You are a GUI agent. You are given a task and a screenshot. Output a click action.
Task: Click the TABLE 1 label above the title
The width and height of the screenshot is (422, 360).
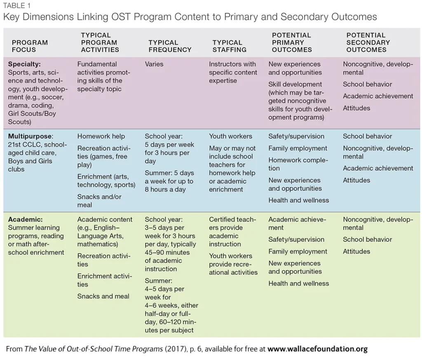pos(16,5)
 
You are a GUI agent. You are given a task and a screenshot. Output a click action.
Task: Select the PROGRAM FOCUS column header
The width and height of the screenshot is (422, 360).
pos(30,46)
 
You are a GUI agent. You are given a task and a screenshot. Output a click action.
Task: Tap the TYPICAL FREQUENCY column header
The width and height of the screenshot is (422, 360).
pos(170,46)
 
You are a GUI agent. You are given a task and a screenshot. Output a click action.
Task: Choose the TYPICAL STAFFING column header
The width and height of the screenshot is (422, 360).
pos(229,46)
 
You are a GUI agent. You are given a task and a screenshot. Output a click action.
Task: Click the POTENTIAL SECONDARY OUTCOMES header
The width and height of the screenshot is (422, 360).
pos(368,42)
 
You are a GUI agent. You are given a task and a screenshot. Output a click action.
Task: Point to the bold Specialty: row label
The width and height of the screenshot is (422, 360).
pos(24,64)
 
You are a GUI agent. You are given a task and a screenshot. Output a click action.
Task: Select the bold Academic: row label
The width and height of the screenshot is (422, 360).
pos(25,219)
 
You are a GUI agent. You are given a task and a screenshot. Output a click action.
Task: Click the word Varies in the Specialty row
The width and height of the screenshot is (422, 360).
pos(154,64)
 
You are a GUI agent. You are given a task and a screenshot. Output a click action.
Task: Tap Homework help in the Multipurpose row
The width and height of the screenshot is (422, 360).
pos(101,136)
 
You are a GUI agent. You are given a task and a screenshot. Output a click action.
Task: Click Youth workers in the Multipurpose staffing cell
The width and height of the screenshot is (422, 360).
pos(230,136)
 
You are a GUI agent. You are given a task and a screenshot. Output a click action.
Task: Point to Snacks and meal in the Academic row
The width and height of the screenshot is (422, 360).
pos(103,296)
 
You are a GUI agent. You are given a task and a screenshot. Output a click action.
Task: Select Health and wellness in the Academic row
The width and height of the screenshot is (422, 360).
pos(298,283)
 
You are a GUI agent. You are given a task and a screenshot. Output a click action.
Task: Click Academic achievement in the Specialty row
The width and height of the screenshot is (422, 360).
pos(378,96)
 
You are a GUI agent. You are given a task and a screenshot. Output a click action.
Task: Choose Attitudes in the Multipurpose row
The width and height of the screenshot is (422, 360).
pos(356,180)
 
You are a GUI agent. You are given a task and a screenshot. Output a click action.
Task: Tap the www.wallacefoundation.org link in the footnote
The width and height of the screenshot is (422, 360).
pos(317,349)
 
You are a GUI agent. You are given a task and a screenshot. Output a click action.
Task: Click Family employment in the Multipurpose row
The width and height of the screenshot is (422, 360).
pos(298,148)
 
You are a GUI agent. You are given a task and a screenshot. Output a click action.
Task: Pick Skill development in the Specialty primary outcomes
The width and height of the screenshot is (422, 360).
pos(295,84)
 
